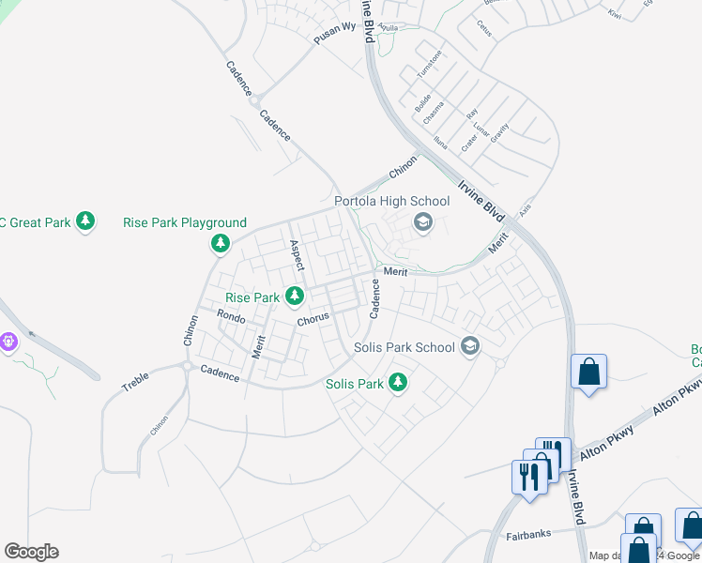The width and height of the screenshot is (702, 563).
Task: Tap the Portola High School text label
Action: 392,201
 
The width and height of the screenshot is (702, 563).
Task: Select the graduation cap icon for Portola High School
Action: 422,222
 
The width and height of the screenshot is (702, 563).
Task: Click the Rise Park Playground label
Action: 185,222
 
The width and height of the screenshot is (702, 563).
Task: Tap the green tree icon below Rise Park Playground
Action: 221,244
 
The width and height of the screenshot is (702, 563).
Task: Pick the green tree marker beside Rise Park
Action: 295,297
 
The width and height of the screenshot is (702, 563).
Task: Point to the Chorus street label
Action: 313,318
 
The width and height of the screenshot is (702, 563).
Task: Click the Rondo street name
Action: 230,318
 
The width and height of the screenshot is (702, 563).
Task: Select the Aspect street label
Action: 296,254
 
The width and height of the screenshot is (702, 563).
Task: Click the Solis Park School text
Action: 404,347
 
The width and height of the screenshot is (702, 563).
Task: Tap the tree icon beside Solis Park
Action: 398,383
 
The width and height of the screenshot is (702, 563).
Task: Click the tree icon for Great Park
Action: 86,222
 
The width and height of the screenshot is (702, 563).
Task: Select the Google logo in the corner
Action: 31,552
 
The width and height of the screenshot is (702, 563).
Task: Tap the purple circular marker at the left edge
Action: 8,342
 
